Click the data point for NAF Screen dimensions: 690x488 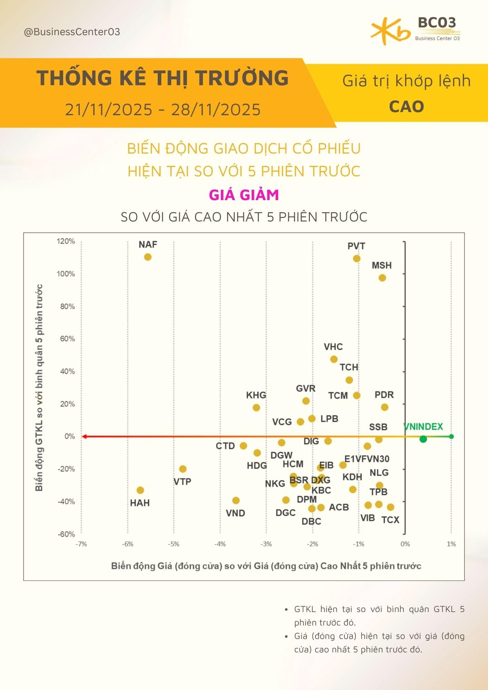click(148, 257)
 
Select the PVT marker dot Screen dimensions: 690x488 click(357, 259)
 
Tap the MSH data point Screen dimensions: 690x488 click(382, 278)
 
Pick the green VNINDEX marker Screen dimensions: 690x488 click(423, 439)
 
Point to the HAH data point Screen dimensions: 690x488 click(140, 490)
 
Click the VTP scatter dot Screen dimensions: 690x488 click(183, 469)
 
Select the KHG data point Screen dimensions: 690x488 click(256, 408)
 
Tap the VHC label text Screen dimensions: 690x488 click(333, 347)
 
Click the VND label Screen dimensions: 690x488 click(235, 513)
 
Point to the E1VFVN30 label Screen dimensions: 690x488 click(367, 459)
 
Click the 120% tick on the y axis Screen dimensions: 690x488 click(66, 241)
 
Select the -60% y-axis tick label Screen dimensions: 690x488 click(66, 534)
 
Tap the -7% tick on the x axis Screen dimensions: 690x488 click(81, 544)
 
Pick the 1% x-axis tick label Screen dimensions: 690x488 click(451, 544)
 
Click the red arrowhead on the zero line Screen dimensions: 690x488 click(84, 437)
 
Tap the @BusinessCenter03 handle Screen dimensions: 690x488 click(72, 32)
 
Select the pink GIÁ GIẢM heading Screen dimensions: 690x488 click(244, 195)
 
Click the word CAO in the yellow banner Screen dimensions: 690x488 click(406, 107)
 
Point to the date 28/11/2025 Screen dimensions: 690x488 click(216, 110)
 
